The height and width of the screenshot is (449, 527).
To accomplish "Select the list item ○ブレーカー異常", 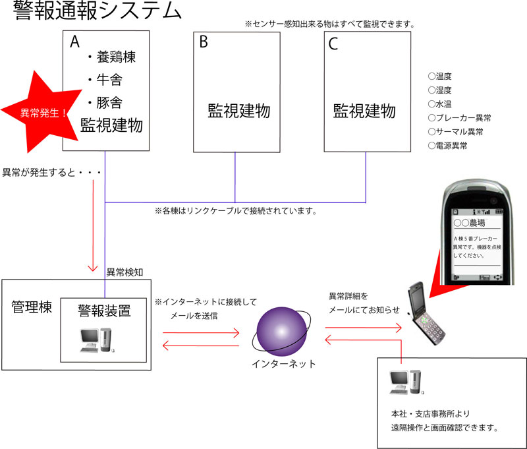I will pos(459,118).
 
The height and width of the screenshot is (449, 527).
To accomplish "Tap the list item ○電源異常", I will pos(448,146).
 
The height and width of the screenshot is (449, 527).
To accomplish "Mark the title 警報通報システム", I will pos(97,11).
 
